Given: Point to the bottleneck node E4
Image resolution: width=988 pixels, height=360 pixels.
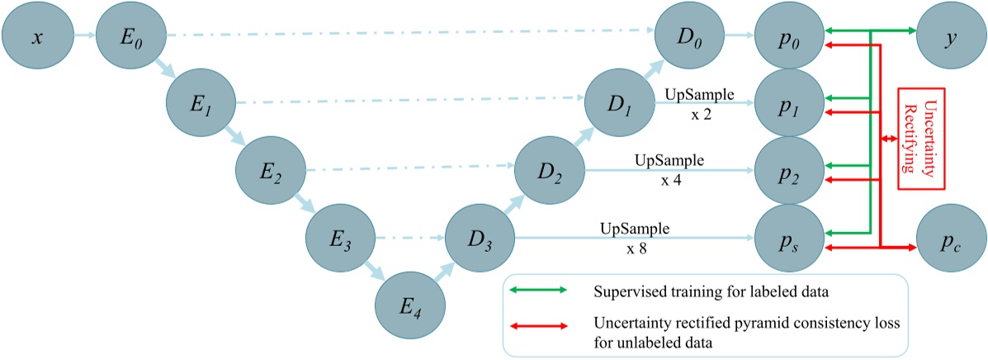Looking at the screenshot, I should coord(410,308).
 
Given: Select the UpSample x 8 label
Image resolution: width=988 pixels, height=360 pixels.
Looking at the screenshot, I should coord(635,234).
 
